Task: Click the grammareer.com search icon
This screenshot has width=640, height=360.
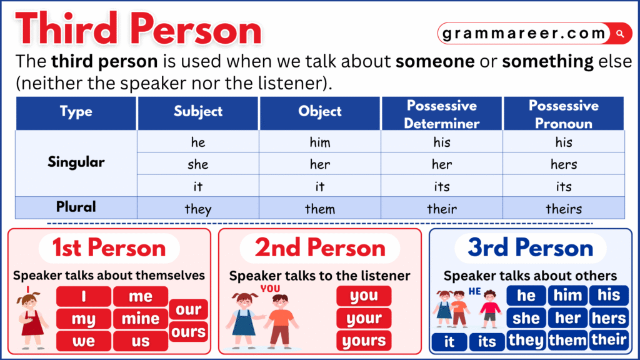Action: click(620, 33)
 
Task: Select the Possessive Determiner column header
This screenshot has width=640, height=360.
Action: click(441, 114)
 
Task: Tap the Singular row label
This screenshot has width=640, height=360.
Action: click(76, 162)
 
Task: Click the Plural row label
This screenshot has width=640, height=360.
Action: click(76, 207)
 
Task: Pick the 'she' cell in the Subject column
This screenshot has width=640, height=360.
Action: click(198, 164)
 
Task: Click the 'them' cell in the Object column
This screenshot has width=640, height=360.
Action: click(320, 208)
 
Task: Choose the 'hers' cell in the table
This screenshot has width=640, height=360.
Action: click(564, 164)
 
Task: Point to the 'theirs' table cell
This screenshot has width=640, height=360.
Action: click(564, 208)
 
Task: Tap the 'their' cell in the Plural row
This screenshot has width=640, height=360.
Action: click(441, 208)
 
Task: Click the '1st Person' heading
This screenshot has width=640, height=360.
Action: click(109, 248)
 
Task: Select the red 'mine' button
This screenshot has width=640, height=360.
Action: click(141, 319)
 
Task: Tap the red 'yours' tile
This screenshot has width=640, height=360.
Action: click(364, 341)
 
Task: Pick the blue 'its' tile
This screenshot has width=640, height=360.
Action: click(487, 342)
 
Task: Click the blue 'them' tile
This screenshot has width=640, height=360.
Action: click(567, 341)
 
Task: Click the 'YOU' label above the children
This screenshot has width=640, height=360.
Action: click(270, 289)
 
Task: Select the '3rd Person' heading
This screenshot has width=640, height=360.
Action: click(530, 248)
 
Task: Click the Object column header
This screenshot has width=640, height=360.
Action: click(320, 112)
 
